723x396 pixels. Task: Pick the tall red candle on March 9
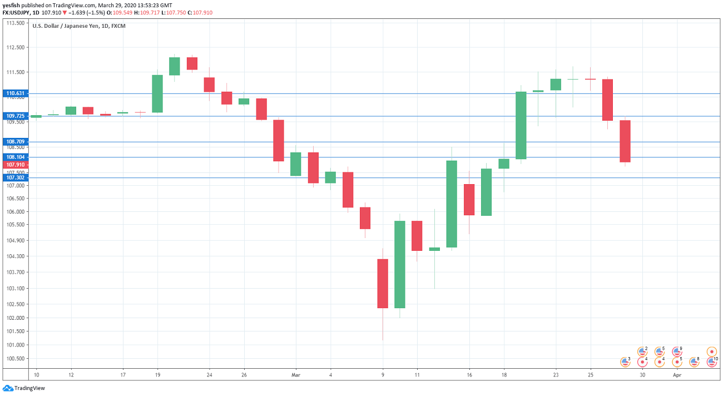point(383,283)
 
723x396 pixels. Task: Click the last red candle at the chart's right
point(625,141)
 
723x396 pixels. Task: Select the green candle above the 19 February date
point(157,93)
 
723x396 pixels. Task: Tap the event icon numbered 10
point(711,362)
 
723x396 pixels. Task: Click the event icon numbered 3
point(625,362)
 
